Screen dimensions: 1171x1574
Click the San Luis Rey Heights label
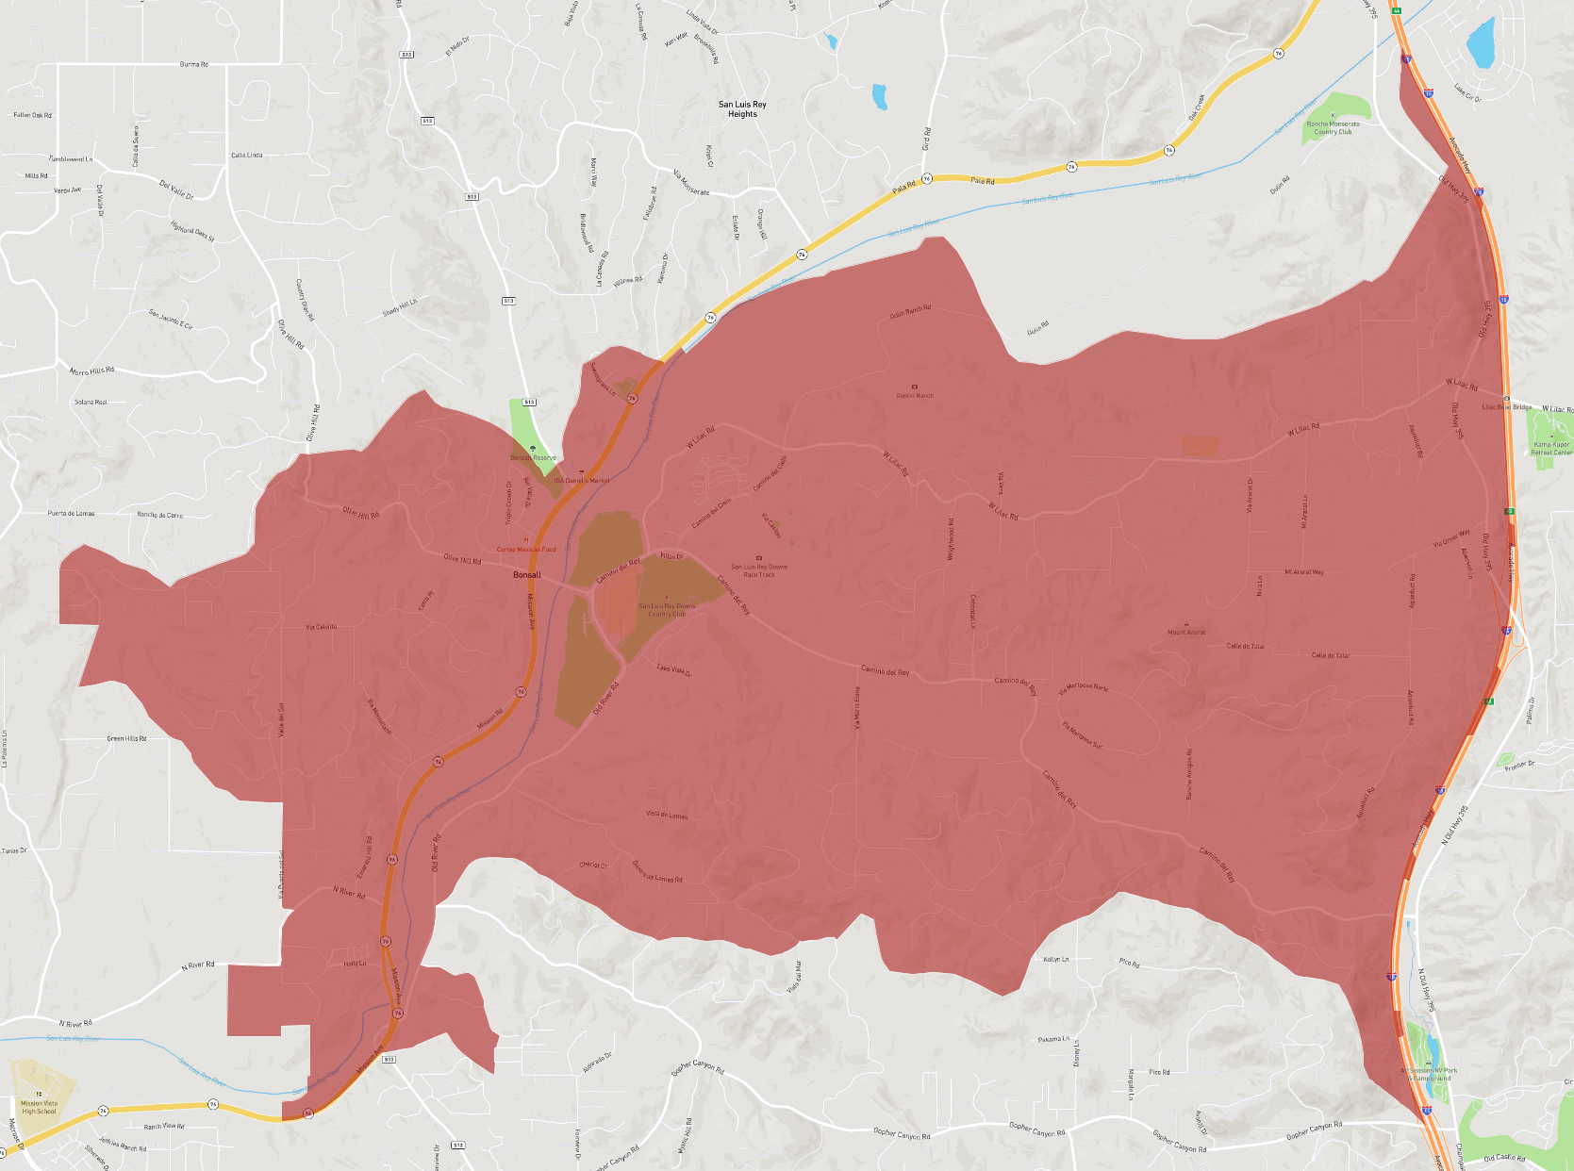pos(742,109)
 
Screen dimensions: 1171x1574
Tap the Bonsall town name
pos(527,574)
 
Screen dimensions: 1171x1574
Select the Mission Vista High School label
pos(39,1107)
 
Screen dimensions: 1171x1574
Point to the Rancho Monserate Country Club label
pos(1333,127)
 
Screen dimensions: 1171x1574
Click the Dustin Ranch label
pos(914,395)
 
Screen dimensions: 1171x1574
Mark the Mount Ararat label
pos(1186,632)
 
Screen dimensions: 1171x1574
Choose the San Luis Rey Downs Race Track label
pos(759,570)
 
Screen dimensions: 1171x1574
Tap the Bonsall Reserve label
pos(533,457)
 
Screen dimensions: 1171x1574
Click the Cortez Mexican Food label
pos(526,549)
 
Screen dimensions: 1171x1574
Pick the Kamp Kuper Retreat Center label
pos(1551,448)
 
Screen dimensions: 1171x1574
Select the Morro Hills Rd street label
pos(91,371)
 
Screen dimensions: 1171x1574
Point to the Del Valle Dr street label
pos(176,190)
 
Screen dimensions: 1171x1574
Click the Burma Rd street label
pos(193,64)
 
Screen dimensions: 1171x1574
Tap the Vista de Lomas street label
pos(667,815)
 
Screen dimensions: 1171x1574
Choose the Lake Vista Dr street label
pos(674,669)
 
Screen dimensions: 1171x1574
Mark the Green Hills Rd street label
pos(126,738)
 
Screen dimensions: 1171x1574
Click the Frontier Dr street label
pos(1520,765)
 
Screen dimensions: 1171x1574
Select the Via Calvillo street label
pos(321,626)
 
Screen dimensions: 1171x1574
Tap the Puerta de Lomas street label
pos(71,514)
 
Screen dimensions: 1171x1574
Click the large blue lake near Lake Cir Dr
pos(1481,44)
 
